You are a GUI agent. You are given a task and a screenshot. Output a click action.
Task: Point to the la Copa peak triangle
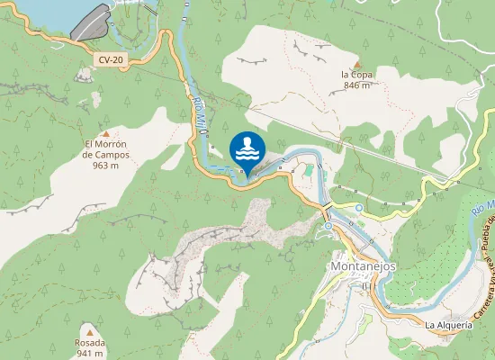pyautogui.click(x=356, y=64)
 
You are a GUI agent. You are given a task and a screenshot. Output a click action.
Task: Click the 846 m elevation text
pyautogui.click(x=356, y=86)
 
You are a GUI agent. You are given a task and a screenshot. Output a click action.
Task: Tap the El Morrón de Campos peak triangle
pyautogui.click(x=105, y=133)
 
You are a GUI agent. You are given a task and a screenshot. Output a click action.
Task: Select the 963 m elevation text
pyautogui.click(x=105, y=166)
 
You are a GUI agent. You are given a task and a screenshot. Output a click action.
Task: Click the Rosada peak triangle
pyautogui.click(x=89, y=332)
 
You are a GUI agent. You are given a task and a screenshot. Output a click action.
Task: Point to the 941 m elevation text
pyautogui.click(x=89, y=354)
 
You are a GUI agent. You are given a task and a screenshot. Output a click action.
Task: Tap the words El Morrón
pyautogui.click(x=105, y=144)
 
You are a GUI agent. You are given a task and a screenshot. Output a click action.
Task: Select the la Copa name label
pyautogui.click(x=356, y=75)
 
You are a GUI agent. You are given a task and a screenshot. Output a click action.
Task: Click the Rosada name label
pyautogui.click(x=89, y=343)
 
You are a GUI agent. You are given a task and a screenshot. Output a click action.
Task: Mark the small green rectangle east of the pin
pyautogui.click(x=309, y=169)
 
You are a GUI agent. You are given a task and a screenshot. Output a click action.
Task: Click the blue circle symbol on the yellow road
pyautogui.click(x=358, y=208)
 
